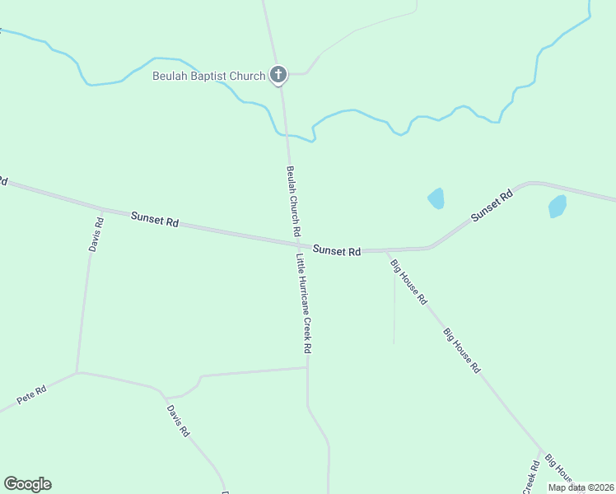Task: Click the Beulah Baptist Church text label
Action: [x=209, y=76]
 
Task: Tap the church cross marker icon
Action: [x=278, y=75]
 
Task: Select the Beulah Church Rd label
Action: [x=293, y=202]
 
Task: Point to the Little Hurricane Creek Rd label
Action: [x=304, y=303]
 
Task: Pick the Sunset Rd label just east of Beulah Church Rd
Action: [x=337, y=250]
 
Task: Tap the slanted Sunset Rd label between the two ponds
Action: [x=492, y=206]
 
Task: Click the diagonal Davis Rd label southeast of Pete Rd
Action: [x=178, y=420]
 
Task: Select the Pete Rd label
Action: [x=31, y=395]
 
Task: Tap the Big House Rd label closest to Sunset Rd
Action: [x=408, y=282]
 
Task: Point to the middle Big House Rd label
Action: [x=461, y=352]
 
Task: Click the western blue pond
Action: [x=436, y=198]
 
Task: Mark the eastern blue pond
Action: [x=558, y=206]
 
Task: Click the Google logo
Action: [x=27, y=484]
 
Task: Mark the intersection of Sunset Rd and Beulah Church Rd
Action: [x=296, y=243]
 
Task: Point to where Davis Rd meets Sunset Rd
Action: [x=101, y=208]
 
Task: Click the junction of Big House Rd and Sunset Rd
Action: [x=385, y=250]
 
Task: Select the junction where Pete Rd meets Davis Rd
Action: [x=77, y=373]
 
